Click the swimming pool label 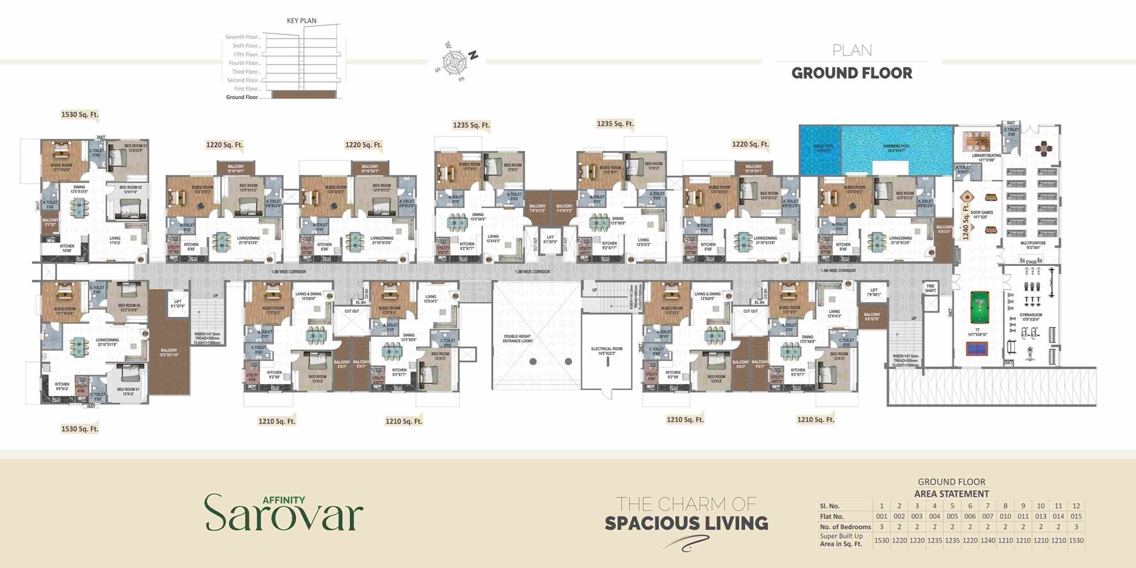[896, 148]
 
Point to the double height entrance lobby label [517, 339]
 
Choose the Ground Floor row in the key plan [242, 97]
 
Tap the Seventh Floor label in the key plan [243, 37]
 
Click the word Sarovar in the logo [283, 515]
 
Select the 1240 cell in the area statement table [988, 540]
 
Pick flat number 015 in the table [1076, 516]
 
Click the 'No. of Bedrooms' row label [845, 527]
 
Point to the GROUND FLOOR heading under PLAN [851, 73]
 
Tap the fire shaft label [930, 288]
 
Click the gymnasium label [1030, 316]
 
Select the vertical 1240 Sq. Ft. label [966, 222]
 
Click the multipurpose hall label [1033, 245]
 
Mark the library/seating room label [987, 157]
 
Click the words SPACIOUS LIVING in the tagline [686, 523]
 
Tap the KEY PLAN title [302, 20]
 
